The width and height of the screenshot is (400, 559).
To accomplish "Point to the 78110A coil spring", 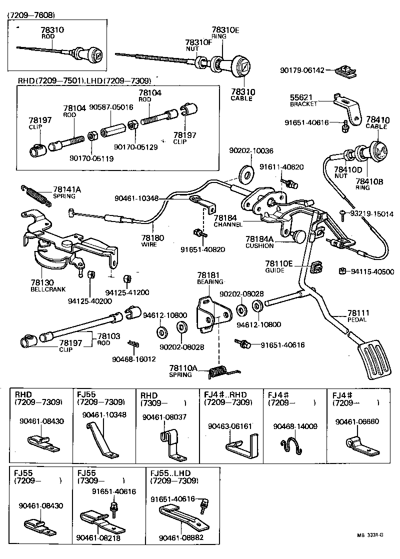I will click(x=218, y=371).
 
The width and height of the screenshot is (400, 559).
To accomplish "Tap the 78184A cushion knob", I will click(x=299, y=235).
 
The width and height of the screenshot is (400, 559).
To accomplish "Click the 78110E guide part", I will click(x=316, y=267).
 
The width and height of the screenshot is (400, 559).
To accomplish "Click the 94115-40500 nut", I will click(x=341, y=271).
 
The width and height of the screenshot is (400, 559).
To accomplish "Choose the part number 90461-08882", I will click(x=180, y=537).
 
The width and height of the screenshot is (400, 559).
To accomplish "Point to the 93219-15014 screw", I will click(x=342, y=214).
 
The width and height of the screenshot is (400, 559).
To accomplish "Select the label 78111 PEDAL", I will click(x=357, y=315).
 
